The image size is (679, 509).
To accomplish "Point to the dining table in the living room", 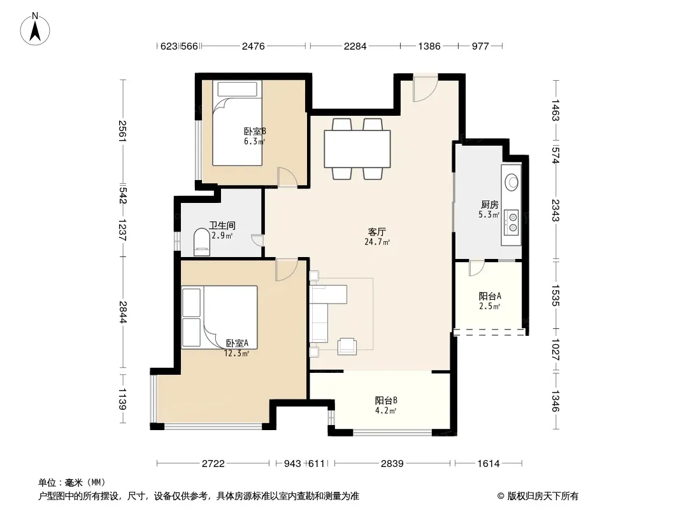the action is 357,149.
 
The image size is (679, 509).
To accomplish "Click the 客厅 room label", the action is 376,232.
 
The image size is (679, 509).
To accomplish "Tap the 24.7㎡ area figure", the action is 376,242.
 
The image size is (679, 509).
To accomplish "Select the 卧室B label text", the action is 255,132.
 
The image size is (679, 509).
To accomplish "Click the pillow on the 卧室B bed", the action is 238,89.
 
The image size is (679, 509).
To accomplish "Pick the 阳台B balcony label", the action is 386,400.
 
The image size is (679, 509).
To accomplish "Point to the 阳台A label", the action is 490,296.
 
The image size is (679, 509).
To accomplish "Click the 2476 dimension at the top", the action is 254,46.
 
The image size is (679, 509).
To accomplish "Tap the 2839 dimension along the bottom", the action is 392,464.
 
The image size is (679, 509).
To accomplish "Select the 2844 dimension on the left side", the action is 123,312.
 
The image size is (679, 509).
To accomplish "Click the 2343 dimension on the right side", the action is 555,210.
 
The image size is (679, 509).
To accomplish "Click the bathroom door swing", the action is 258,240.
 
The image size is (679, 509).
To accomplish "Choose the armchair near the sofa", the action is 347,346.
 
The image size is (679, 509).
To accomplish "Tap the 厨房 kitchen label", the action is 490,204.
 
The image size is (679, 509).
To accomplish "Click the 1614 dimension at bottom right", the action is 489,464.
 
